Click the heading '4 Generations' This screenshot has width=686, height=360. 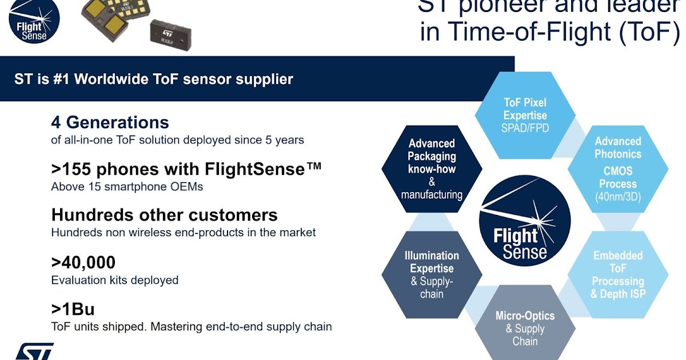(110, 122)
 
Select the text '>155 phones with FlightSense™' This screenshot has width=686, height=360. (186, 169)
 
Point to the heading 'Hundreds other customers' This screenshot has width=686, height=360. (165, 215)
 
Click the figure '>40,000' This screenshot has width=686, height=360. (83, 262)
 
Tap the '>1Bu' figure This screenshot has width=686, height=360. (73, 309)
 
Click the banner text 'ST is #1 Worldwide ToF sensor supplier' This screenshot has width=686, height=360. (154, 79)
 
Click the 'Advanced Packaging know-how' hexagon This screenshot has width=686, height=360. (432, 169)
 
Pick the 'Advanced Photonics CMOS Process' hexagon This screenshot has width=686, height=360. (617, 169)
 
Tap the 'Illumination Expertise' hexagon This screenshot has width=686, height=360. (432, 274)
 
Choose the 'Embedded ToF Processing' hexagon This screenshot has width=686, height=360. (617, 274)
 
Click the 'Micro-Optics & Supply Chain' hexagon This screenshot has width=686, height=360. (525, 328)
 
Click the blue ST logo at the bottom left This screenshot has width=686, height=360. (34, 351)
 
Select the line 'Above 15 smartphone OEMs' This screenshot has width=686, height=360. (127, 186)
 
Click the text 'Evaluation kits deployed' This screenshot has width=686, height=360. (115, 280)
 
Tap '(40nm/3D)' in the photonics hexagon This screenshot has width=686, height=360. (617, 197)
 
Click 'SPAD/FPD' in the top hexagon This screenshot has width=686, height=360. (525, 128)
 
